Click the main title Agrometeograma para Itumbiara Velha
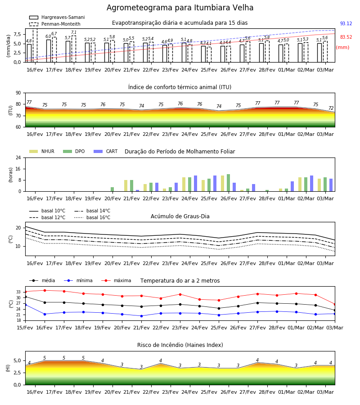(180, 8)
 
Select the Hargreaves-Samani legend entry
(57, 17)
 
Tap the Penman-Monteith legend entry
(55, 24)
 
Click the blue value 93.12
(346, 23)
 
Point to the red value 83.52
(346, 37)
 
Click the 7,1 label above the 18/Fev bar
(74, 32)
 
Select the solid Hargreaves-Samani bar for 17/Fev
(49, 51)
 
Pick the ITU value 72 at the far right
(331, 108)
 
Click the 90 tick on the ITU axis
(18, 93)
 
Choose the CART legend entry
(106, 151)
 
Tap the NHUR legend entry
(42, 151)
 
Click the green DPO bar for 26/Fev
(228, 183)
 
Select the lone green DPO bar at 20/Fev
(112, 189)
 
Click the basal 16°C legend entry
(92, 217)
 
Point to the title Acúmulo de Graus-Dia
(180, 216)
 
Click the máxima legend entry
(116, 280)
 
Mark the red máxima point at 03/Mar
(335, 304)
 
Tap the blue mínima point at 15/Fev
(25, 305)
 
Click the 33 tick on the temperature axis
(18, 292)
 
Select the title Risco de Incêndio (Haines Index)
(180, 345)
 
